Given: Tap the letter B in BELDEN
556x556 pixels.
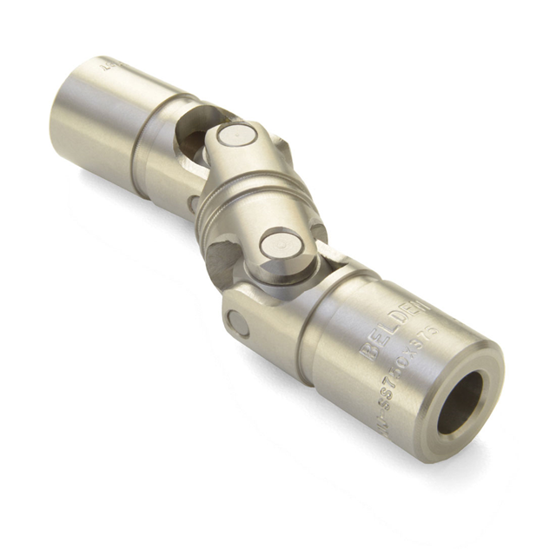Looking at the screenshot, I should click(x=366, y=352).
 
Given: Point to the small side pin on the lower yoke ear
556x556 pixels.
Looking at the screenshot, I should click(x=236, y=324).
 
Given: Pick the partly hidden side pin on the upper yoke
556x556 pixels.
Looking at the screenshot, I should click(x=193, y=203).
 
